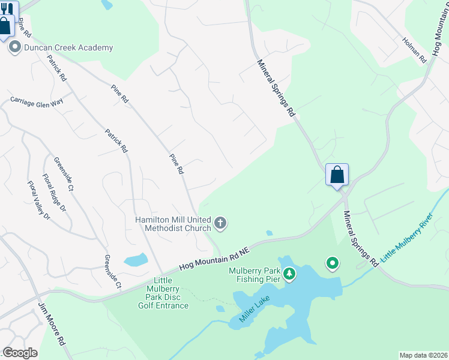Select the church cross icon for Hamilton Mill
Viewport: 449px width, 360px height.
(x=220, y=224)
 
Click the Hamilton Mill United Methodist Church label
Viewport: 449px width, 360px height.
(x=173, y=224)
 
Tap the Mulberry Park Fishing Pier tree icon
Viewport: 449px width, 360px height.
(x=290, y=274)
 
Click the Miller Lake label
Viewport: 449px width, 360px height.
(x=254, y=308)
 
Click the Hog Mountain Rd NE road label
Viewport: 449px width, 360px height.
(x=214, y=260)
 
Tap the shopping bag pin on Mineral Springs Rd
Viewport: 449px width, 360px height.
(x=337, y=175)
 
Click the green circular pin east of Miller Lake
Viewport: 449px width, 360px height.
(x=332, y=263)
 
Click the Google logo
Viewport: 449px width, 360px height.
(x=20, y=353)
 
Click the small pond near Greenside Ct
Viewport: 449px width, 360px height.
(x=136, y=260)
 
